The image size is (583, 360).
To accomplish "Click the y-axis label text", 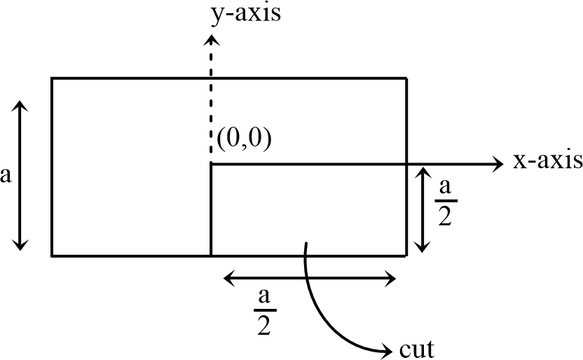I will (245, 13).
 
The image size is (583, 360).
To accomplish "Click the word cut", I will (417, 347).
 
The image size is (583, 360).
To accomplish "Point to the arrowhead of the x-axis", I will (498, 164).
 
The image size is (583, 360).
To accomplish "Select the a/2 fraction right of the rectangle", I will (444, 202).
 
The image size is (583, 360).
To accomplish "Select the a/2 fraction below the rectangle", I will (264, 312).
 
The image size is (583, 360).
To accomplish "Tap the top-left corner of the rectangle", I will (52, 78).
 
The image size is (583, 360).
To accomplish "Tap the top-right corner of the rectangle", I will (407, 78).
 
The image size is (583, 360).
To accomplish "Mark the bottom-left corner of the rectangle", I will (52, 256).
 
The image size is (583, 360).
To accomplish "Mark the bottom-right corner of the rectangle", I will (407, 256).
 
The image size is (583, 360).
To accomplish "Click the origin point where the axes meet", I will (211, 165).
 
